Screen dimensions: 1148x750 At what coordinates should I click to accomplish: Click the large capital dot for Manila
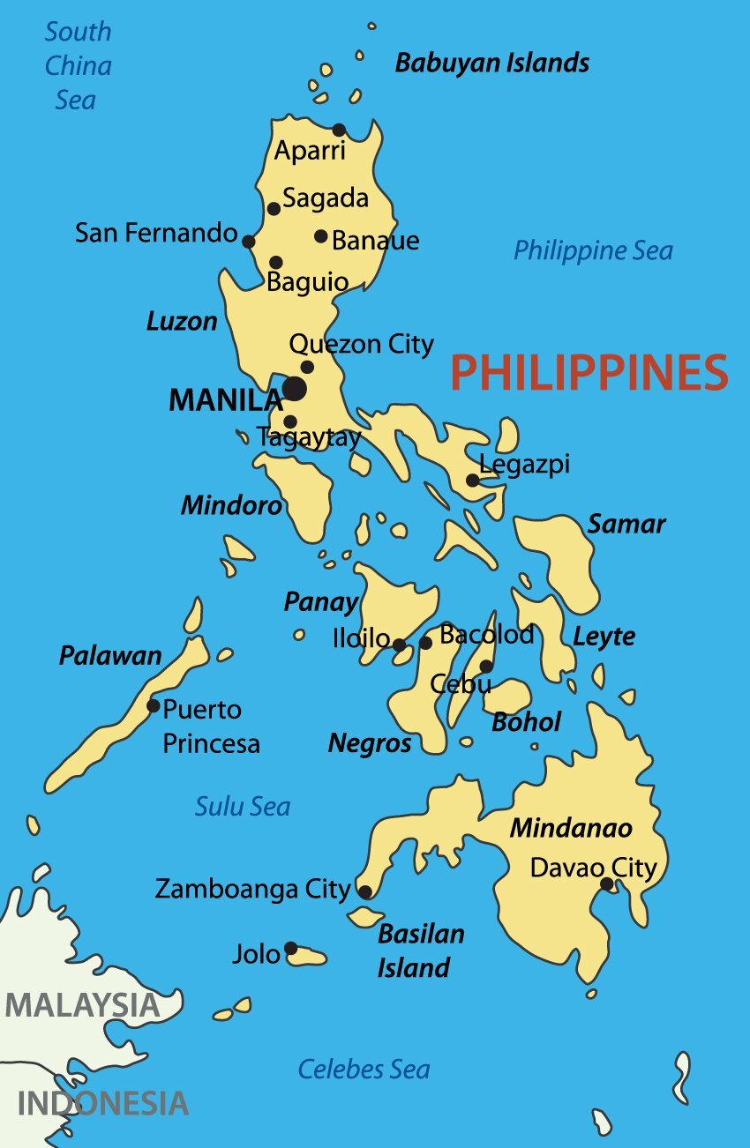coord(295,389)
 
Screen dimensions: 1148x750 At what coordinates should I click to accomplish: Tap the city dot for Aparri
coord(339,130)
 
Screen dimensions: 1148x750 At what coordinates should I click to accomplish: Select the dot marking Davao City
coord(607,883)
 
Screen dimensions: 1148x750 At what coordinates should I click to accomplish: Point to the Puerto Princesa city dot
coord(154,705)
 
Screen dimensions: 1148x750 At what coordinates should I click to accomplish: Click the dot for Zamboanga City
coord(365,892)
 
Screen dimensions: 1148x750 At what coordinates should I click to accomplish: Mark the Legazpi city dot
coord(473,480)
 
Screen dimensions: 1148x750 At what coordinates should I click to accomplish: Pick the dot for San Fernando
coord(249,242)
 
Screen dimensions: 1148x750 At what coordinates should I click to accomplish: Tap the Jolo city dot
coord(290,949)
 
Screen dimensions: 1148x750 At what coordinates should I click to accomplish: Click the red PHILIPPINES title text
coord(589,373)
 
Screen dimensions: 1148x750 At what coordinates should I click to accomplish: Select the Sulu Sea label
coord(242,806)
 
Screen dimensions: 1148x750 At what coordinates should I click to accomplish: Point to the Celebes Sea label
coord(364,1070)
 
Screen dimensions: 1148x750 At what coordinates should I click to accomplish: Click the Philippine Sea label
coord(593,250)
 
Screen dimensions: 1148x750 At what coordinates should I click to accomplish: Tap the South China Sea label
coord(78,66)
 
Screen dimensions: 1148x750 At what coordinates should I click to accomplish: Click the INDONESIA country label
coord(103,1103)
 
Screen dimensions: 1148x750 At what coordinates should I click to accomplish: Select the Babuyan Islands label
coord(491,63)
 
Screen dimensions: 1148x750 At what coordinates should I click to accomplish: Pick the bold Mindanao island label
coord(571,829)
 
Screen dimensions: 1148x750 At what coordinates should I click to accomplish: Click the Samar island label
coord(626,524)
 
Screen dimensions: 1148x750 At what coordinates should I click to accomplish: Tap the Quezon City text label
coord(362,344)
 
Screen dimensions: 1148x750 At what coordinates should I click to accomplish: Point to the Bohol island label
coord(526,722)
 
